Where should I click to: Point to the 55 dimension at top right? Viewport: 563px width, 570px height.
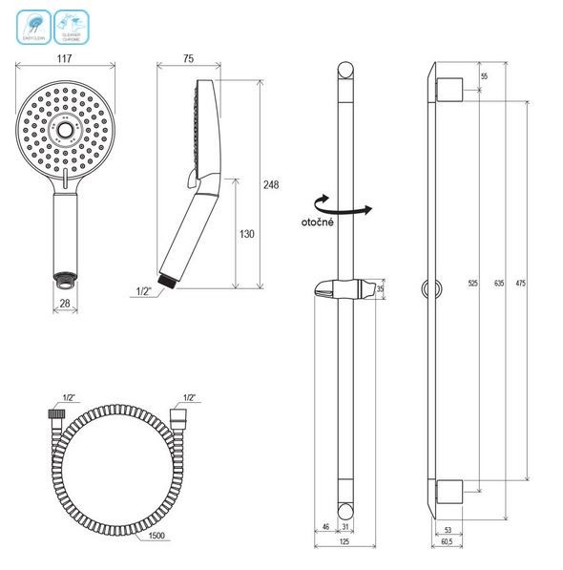[485, 75]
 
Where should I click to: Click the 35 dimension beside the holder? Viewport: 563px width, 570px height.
[382, 287]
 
